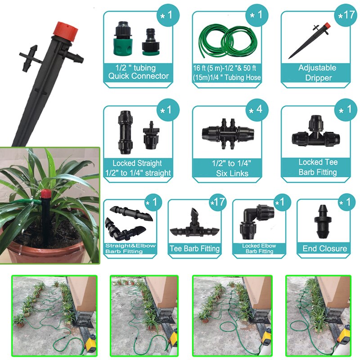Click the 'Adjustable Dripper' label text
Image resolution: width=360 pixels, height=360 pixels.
(x=317, y=72)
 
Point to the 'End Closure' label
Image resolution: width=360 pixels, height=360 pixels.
(x=324, y=248)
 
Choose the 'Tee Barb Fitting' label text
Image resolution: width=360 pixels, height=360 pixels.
(x=194, y=248)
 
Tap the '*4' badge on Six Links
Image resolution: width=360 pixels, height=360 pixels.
(x=256, y=111)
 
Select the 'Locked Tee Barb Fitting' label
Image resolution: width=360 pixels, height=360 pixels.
(x=317, y=167)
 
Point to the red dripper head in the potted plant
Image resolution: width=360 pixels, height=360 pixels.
(x=45, y=195)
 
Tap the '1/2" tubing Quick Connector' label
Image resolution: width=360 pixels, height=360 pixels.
(x=138, y=72)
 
